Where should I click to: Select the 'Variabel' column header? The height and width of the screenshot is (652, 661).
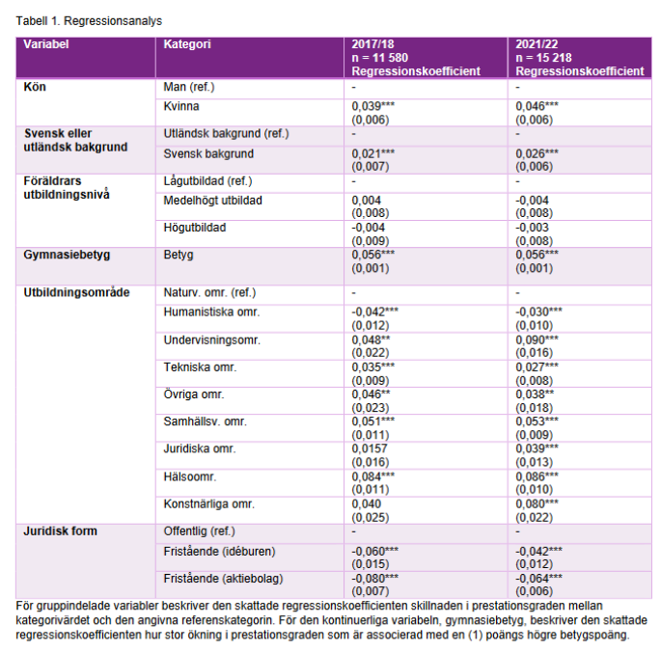pos(46,45)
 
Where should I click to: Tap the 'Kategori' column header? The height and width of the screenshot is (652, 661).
pos(187,45)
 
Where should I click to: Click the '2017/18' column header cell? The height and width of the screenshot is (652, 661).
pos(373,45)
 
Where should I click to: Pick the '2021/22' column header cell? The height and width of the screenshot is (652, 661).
pos(537,45)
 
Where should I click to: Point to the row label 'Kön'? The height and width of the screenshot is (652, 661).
pos(35,87)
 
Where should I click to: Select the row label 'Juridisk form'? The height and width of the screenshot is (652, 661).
pos(61,530)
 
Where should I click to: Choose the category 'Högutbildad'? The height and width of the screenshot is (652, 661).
pos(195,228)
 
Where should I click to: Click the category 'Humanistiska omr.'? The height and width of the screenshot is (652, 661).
pos(212,312)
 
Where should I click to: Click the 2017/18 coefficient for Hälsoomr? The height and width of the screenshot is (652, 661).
pos(373,476)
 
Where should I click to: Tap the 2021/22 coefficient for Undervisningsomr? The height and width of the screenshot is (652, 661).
pos(537,340)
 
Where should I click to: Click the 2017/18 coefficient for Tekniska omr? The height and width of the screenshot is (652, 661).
pos(373,367)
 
